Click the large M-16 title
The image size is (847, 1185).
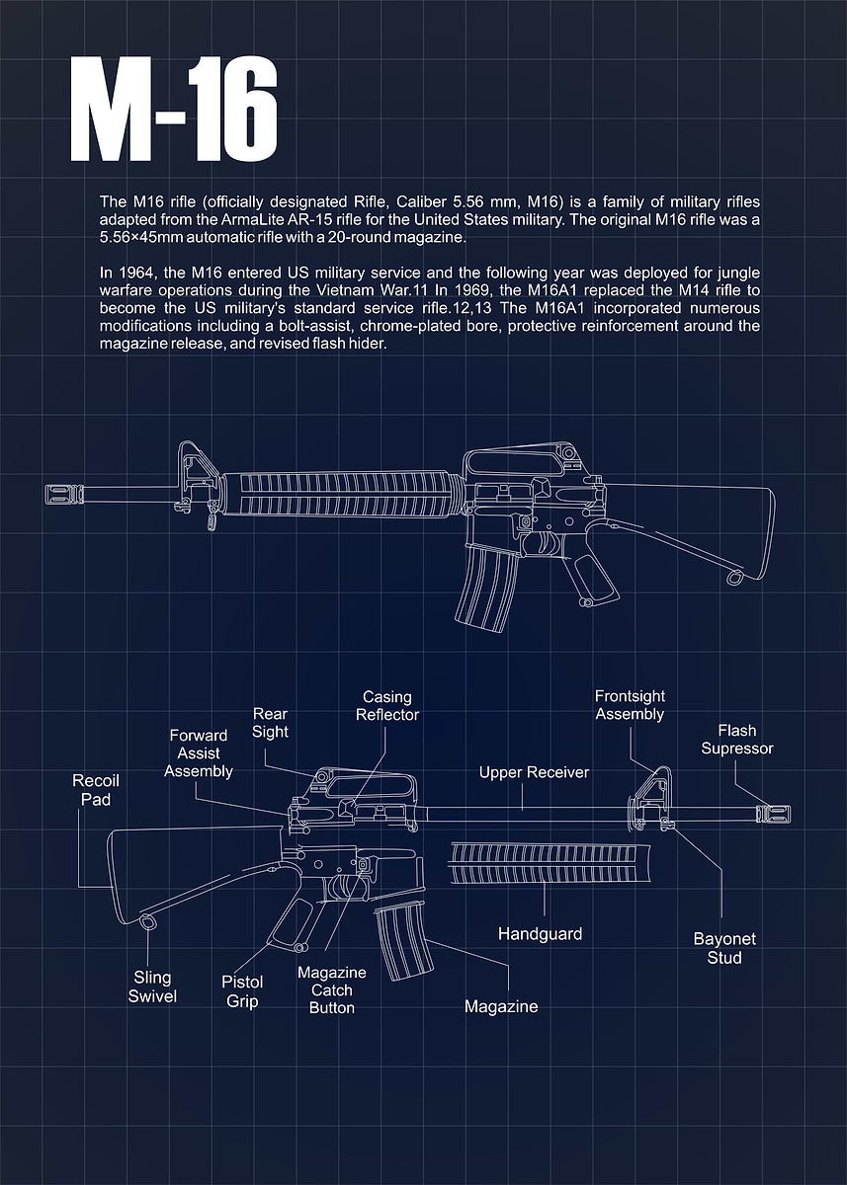coord(174,111)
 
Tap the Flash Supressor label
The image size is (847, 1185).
coord(737,740)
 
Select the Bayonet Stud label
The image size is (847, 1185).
coord(724,948)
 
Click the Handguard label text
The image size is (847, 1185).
coord(540,933)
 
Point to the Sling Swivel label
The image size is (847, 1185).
coord(152,987)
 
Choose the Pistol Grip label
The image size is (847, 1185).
coord(242,991)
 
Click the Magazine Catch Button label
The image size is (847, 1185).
coord(332,990)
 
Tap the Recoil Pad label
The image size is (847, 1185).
coord(96,790)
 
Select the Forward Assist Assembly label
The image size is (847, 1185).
coord(198,752)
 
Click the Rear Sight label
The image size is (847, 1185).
coord(270,722)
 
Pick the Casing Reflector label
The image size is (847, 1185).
coord(387,706)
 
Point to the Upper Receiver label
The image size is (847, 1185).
coord(534,772)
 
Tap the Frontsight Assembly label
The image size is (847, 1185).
coord(630,705)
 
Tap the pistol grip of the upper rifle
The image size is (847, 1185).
coord(587,579)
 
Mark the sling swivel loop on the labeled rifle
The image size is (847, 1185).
coord(149,922)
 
